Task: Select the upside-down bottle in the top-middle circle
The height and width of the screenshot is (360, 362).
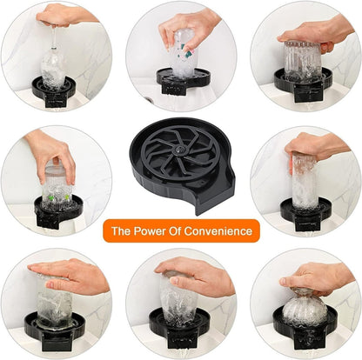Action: coord(184,51)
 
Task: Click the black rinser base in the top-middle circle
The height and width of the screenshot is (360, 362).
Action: coord(183,79)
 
